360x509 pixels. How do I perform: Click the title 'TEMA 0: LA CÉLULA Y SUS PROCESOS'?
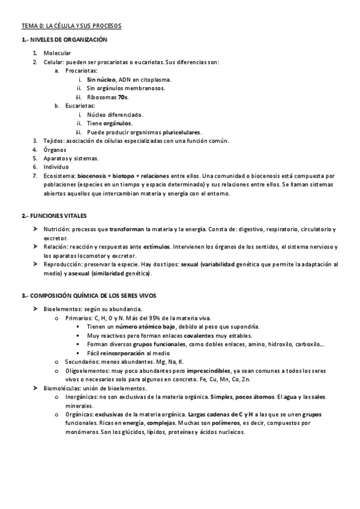click(71, 26)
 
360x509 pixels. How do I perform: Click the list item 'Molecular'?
click(57, 53)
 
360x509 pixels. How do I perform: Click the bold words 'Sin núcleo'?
click(101, 79)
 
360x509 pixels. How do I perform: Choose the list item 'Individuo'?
click(56, 167)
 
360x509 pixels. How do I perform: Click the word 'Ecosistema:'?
click(59, 176)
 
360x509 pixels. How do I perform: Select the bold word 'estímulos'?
click(157, 247)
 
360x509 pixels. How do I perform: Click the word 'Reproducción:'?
click(64, 264)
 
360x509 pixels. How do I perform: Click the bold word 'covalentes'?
click(199, 335)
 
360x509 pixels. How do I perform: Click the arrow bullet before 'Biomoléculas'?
click(35, 388)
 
